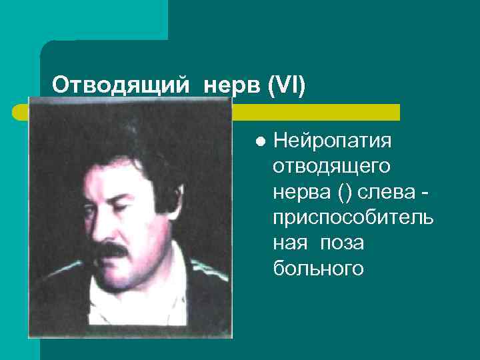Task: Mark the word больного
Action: [318, 268]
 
